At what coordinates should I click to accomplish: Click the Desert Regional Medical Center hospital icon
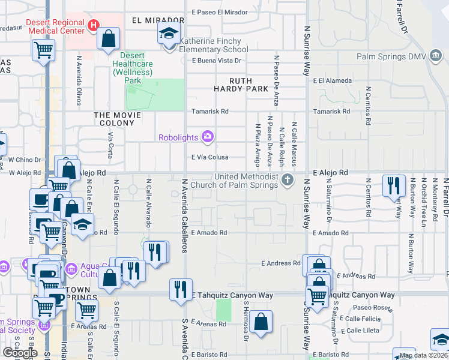93,25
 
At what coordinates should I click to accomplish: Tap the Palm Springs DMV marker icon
435,56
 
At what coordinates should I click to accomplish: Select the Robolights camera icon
208,137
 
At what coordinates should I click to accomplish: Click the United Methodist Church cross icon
288,179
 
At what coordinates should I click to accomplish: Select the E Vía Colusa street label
211,157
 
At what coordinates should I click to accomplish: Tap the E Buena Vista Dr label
216,61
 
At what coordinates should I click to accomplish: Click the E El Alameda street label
331,80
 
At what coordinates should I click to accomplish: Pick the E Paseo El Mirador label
218,12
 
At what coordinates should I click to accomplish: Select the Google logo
20,353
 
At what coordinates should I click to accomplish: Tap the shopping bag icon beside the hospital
109,39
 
